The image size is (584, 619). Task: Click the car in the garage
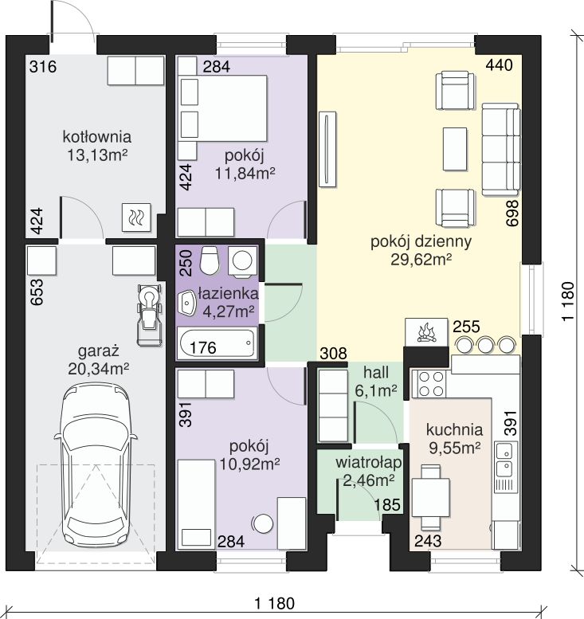pyautogui.click(x=96, y=467)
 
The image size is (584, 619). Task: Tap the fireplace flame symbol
pyautogui.click(x=426, y=332)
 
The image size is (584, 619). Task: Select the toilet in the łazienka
pyautogui.click(x=209, y=261)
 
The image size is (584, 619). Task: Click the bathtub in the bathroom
pyautogui.click(x=217, y=343)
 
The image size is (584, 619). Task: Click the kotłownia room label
pyautogui.click(x=96, y=137)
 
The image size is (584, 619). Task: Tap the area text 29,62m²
pyautogui.click(x=421, y=260)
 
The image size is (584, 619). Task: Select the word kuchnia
pyautogui.click(x=454, y=429)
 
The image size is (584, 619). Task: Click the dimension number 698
pyautogui.click(x=512, y=214)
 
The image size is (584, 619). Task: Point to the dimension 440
pyautogui.click(x=499, y=65)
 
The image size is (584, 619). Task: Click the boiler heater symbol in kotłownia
pyautogui.click(x=136, y=217)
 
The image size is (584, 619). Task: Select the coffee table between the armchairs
pyautogui.click(x=455, y=149)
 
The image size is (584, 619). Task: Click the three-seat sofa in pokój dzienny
pyautogui.click(x=500, y=149)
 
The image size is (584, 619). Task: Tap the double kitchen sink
pyautogui.click(x=504, y=459)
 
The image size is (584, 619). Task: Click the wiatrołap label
pyautogui.click(x=369, y=462)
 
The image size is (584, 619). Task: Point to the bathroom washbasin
pyautogui.click(x=187, y=304)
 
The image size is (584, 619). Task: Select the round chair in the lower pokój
pyautogui.click(x=263, y=523)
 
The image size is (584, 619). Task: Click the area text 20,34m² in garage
pyautogui.click(x=99, y=369)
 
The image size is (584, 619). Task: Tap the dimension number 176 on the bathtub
pyautogui.click(x=203, y=347)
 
